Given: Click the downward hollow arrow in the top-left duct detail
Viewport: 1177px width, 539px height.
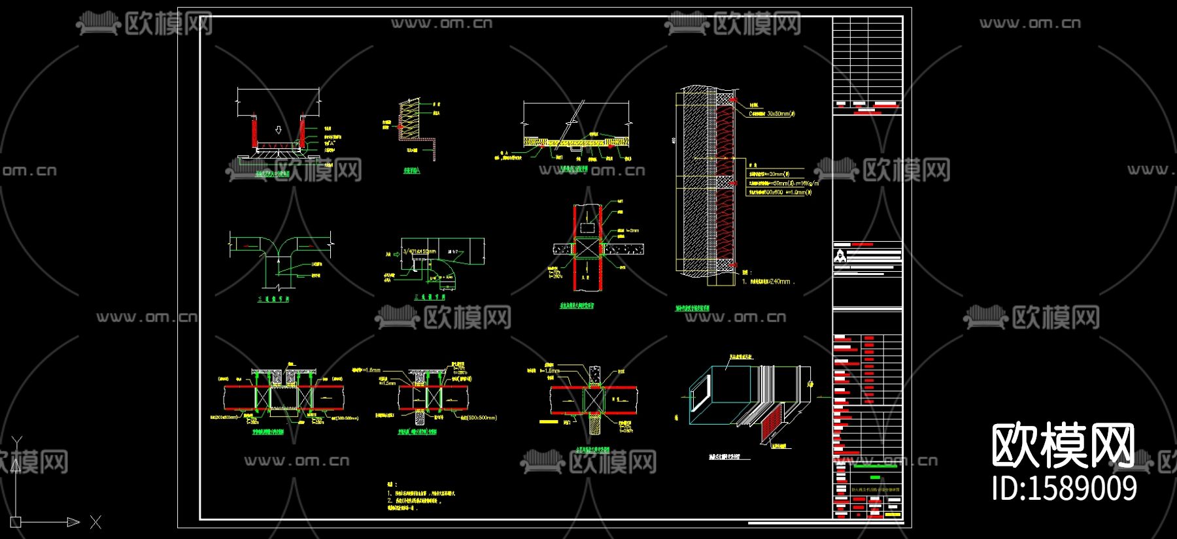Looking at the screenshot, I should coord(279,130).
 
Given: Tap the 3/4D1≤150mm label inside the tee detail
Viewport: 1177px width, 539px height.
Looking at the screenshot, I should coord(419,252).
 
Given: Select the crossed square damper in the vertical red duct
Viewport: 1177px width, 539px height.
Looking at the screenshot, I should coord(587,248).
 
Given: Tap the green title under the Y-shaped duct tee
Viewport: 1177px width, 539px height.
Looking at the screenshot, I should coord(273,299).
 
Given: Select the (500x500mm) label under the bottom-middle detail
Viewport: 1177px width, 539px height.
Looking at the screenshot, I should coord(478,417).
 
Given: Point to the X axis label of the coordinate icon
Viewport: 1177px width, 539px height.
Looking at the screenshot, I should coord(96,522).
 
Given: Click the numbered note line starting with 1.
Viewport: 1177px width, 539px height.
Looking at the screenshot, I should coord(422,493).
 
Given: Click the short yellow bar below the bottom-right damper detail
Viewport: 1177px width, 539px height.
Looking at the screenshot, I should coord(548,422).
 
